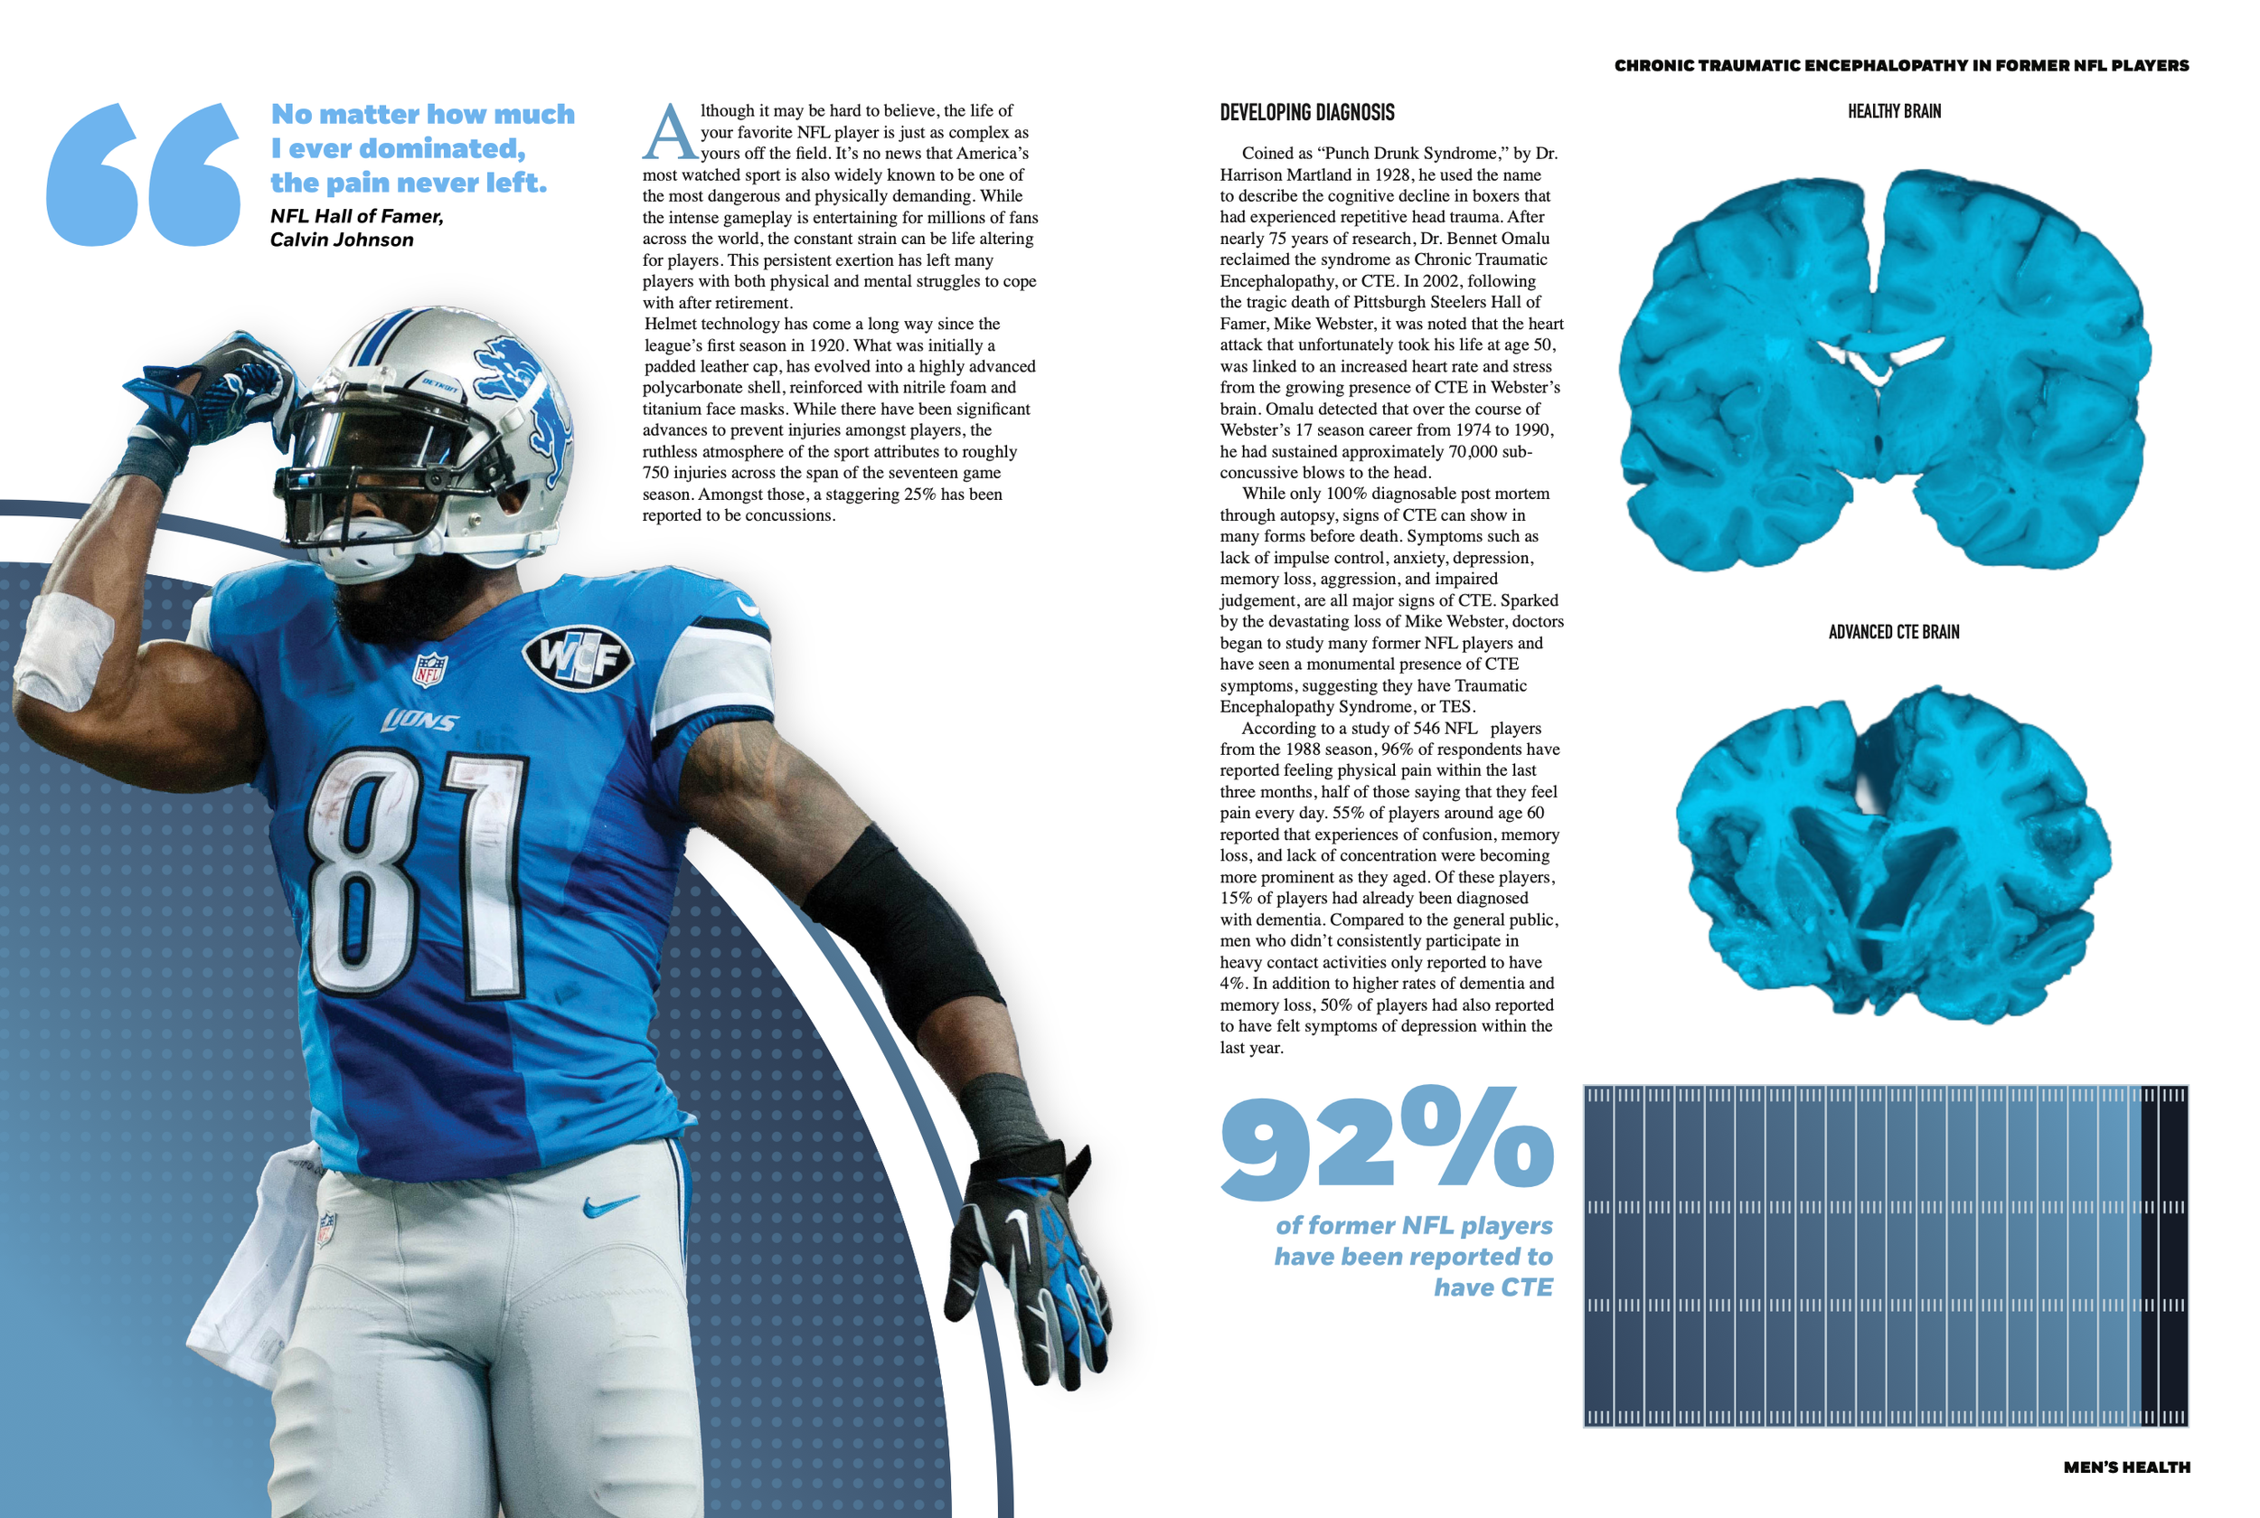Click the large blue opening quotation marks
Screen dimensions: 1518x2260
tap(143, 174)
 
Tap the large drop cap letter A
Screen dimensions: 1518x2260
tap(669, 134)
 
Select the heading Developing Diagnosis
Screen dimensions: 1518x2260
tap(1305, 112)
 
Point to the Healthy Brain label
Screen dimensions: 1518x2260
tap(1893, 111)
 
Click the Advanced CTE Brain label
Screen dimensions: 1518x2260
tap(1893, 632)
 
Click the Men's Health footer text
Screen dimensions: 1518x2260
tap(2125, 1466)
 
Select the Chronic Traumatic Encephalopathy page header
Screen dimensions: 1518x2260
tap(1901, 66)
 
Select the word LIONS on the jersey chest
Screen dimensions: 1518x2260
tap(420, 721)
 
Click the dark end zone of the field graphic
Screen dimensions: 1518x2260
tap(2163, 1256)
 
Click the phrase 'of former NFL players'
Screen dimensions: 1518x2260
tap(1413, 1226)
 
